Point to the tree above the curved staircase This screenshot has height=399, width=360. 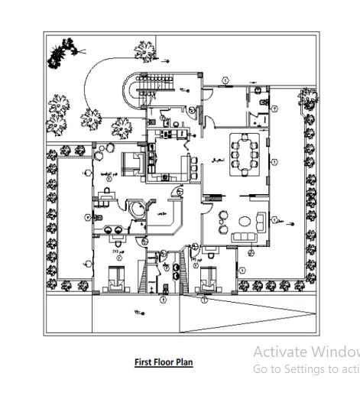(144, 50)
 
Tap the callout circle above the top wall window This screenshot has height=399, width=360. (226, 79)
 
